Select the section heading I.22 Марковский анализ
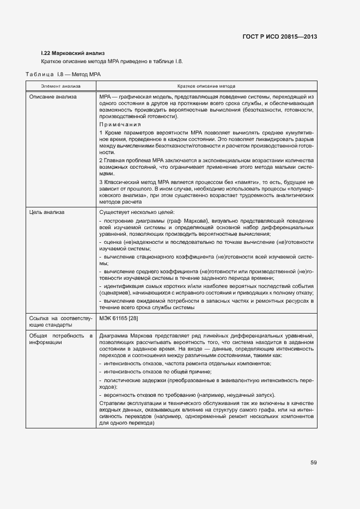69,53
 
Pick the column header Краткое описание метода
206,86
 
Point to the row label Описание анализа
53,96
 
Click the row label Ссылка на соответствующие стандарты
60,320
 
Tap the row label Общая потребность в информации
60,339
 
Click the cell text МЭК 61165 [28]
119,317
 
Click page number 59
314,463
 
